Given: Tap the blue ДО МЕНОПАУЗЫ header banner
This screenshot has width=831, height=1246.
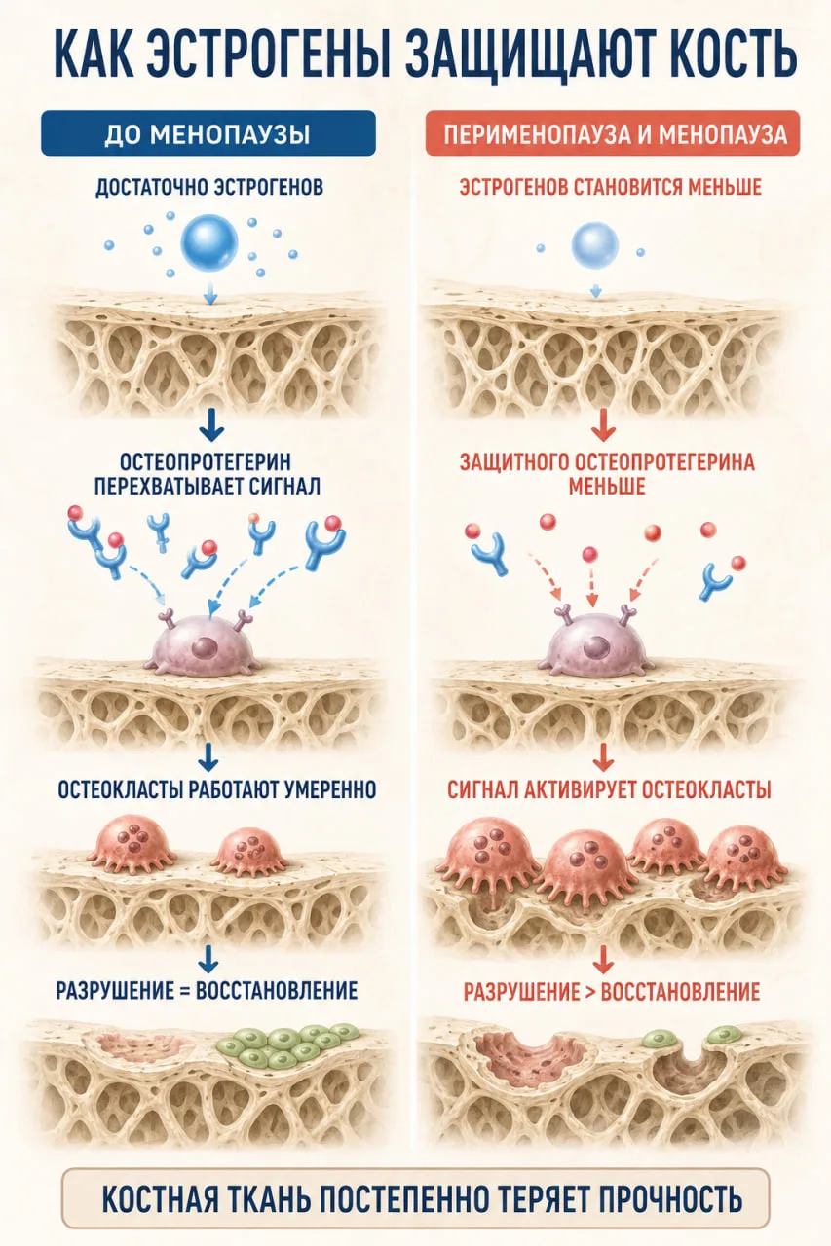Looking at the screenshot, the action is (x=208, y=133).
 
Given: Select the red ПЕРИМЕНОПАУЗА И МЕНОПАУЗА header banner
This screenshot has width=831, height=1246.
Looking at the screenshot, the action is (x=613, y=133).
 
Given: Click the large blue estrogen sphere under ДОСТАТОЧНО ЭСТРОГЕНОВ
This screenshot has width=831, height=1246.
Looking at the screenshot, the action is (x=209, y=242).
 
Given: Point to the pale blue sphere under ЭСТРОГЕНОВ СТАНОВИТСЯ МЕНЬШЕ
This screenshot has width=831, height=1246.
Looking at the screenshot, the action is (x=595, y=246).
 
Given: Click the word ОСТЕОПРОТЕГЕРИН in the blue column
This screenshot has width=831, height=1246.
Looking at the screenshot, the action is (x=206, y=462).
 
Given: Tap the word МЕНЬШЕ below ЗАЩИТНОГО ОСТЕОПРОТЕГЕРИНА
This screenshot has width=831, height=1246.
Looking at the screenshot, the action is (x=607, y=487).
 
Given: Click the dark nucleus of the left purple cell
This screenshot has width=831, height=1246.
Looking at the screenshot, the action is (x=205, y=648).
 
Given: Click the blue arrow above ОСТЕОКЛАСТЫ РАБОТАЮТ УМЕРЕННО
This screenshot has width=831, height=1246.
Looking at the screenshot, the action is (x=208, y=757).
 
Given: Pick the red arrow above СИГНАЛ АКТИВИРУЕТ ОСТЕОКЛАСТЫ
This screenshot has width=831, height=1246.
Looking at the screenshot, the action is (x=603, y=757).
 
